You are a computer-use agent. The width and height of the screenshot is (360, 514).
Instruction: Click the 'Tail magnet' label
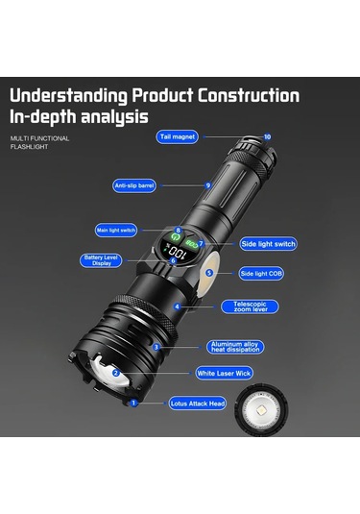pyautogui.click(x=178, y=136)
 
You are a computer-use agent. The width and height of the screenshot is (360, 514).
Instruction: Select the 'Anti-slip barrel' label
pyautogui.click(x=134, y=185)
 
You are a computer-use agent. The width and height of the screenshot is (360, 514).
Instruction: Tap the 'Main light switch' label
pyautogui.click(x=116, y=231)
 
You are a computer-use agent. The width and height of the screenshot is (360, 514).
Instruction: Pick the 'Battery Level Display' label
pyautogui.click(x=101, y=260)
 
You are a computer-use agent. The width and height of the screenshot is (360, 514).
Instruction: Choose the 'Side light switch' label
pyautogui.click(x=268, y=244)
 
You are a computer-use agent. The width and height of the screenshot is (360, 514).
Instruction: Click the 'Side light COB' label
pyautogui.click(x=261, y=274)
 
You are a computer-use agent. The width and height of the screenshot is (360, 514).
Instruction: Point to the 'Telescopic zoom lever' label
pyautogui.click(x=250, y=306)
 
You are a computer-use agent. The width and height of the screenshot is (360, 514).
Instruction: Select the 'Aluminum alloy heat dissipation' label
pyautogui.click(x=235, y=347)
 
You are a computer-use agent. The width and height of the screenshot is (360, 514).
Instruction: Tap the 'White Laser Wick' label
pyautogui.click(x=224, y=373)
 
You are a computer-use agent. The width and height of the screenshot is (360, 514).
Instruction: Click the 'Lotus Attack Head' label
pyautogui.click(x=198, y=404)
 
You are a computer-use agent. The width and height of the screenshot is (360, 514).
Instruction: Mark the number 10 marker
pyautogui.click(x=267, y=136)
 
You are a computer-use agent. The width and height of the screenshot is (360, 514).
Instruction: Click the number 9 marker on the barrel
pyautogui.click(x=208, y=185)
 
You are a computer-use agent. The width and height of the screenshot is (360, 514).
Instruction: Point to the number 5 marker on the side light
pyautogui.click(x=209, y=273)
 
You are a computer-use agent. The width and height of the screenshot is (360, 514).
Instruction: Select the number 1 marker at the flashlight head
pyautogui.click(x=133, y=403)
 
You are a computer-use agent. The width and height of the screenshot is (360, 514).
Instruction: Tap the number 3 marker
pyautogui.click(x=156, y=347)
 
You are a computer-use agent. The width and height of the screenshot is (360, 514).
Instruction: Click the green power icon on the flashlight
pyautogui.click(x=176, y=236)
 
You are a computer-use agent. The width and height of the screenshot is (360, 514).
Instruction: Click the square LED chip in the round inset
pyautogui.click(x=262, y=409)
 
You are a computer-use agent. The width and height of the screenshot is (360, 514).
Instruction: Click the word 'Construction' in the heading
pyautogui.click(x=249, y=96)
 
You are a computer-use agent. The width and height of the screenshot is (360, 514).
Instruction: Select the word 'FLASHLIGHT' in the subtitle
pyautogui.click(x=29, y=147)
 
